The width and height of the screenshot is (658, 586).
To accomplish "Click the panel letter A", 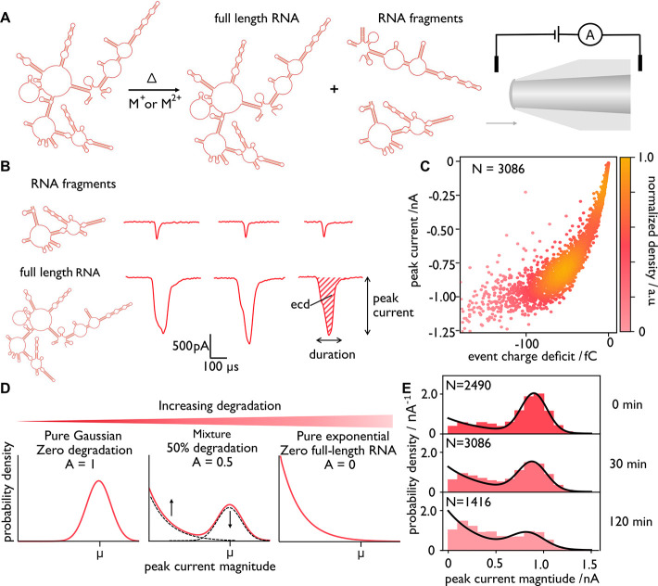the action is coord(5,18).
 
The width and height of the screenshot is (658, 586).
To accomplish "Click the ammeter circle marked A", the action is coord(590,35).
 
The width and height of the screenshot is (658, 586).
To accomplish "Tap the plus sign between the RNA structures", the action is coord(334,89).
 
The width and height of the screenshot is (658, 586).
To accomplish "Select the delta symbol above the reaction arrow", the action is coord(152,78).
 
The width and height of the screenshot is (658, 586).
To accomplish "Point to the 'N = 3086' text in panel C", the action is coord(498,169).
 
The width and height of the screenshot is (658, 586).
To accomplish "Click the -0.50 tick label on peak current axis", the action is coord(441,230).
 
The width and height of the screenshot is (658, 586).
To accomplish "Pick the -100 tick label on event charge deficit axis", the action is coord(526,344).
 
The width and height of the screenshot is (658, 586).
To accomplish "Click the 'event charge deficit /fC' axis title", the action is coord(532,356).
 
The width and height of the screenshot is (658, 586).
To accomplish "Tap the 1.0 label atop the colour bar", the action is coord(645,158).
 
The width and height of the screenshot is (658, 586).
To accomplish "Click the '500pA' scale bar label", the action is coord(191,346).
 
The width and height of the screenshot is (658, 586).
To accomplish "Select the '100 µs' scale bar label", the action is coord(221,366).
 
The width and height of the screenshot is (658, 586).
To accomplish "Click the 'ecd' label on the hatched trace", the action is coord(300,304).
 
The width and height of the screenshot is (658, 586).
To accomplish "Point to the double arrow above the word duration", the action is coord(329,340).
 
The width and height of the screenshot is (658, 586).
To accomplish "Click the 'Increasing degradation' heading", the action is coord(220,406).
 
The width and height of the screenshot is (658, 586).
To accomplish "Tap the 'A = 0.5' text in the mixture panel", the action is coord(212,462).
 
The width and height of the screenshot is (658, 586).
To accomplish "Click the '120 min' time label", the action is coord(631,522).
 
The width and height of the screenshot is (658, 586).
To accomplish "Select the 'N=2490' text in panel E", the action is coord(468,385).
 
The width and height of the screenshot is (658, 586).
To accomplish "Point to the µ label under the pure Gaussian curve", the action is coord(99,554).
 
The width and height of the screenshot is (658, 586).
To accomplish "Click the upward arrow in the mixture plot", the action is coord(171,507).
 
